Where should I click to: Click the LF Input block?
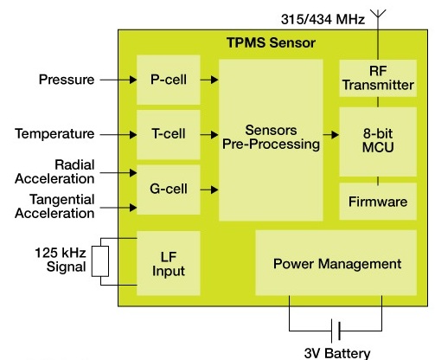[169, 263]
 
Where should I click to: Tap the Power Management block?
[336, 263]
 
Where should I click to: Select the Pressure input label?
[66, 80]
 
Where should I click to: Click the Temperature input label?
[54, 133]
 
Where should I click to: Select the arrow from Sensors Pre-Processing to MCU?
[330, 134]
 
